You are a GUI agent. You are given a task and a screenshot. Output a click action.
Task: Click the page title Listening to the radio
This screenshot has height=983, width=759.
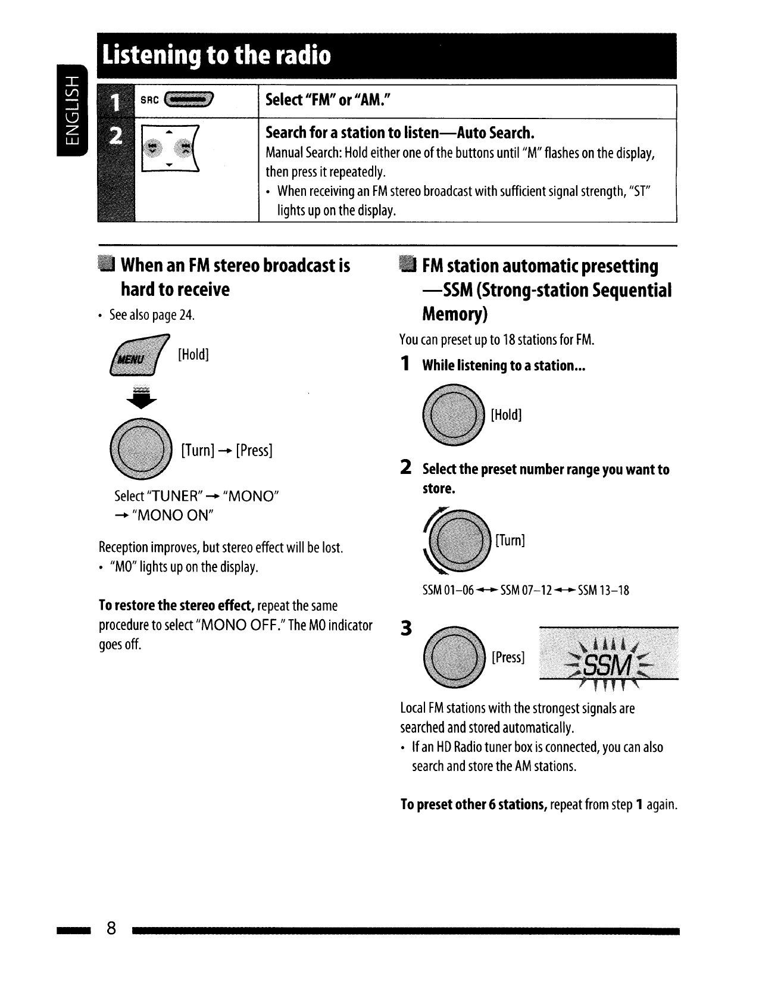[x=216, y=55]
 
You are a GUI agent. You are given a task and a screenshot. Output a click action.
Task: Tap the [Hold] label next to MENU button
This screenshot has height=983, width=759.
[x=193, y=355]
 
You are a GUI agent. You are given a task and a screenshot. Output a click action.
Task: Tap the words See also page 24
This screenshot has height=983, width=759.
[x=152, y=315]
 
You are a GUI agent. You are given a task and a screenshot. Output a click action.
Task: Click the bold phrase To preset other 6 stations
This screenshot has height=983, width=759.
[x=474, y=805]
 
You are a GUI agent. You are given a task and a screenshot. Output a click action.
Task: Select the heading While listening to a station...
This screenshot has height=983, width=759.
[x=504, y=366]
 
